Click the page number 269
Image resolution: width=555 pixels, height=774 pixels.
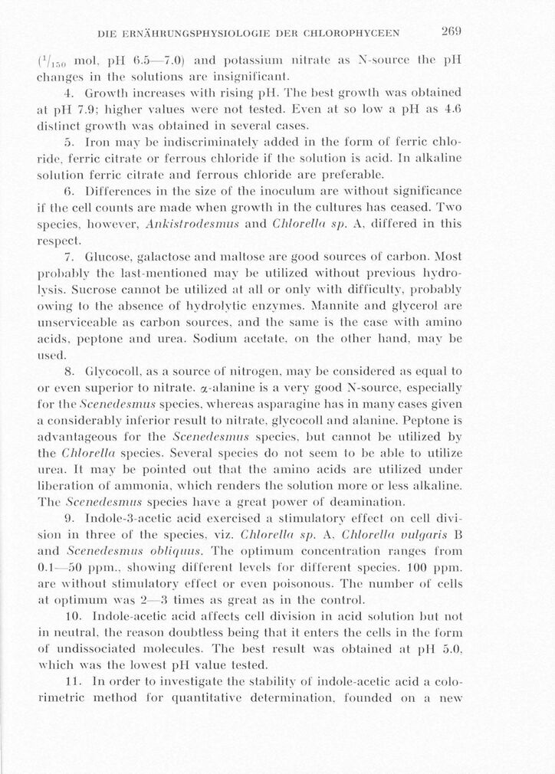click(450, 31)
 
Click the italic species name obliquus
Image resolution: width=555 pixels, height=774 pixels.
click(178, 553)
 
